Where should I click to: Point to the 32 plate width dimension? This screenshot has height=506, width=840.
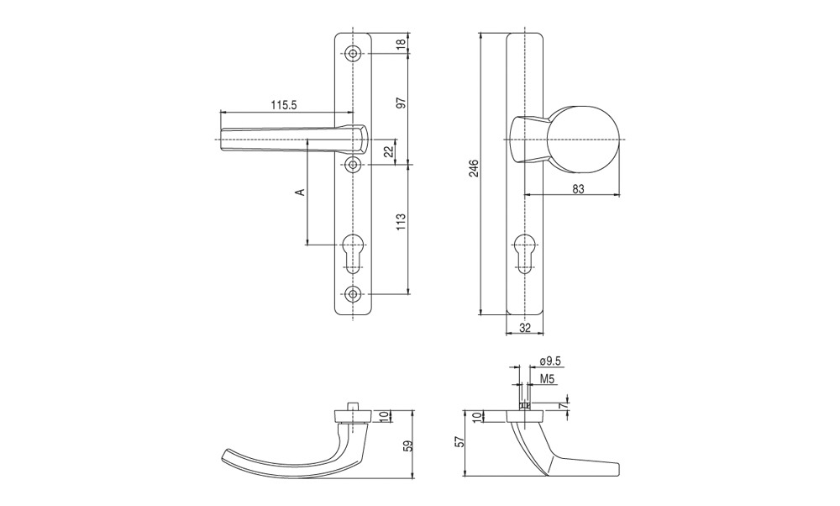[525, 328]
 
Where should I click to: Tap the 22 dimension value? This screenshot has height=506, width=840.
[390, 151]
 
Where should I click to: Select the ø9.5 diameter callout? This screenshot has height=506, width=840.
[550, 361]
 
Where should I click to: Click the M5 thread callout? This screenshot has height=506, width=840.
[547, 379]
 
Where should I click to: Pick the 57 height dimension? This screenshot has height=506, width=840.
[459, 441]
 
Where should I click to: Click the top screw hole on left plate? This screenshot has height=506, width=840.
[353, 53]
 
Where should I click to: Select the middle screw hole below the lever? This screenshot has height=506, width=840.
[353, 166]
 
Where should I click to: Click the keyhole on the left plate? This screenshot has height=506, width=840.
[353, 254]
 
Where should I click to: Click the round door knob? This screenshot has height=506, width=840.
[584, 140]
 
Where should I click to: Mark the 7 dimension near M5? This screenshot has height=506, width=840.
[564, 406]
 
